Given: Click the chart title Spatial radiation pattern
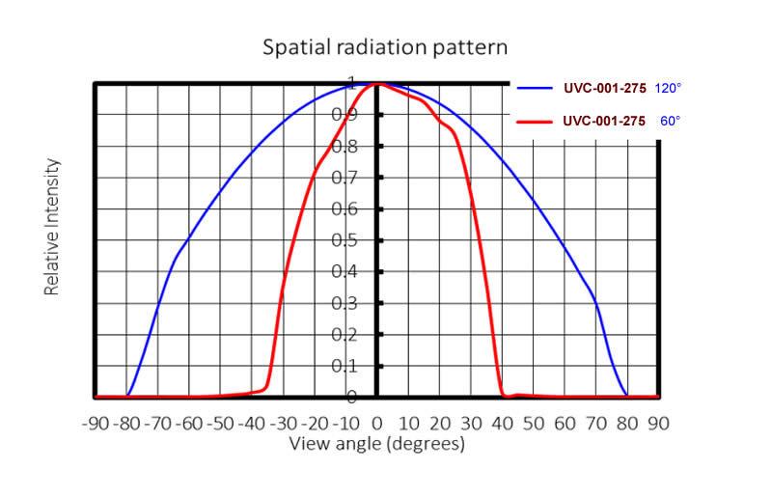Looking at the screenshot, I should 386,46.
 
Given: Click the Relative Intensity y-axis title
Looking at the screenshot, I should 52,228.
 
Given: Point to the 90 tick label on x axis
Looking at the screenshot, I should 659,423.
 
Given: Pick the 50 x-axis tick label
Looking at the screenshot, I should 534,423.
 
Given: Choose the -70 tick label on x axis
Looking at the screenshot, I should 157,423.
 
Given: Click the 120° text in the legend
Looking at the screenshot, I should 668,89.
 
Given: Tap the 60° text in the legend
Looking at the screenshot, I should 670,122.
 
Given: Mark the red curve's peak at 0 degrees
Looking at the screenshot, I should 377,84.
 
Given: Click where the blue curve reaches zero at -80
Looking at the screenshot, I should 127,395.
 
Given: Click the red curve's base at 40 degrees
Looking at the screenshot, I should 503,394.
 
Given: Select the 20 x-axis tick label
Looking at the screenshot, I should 440,423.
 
